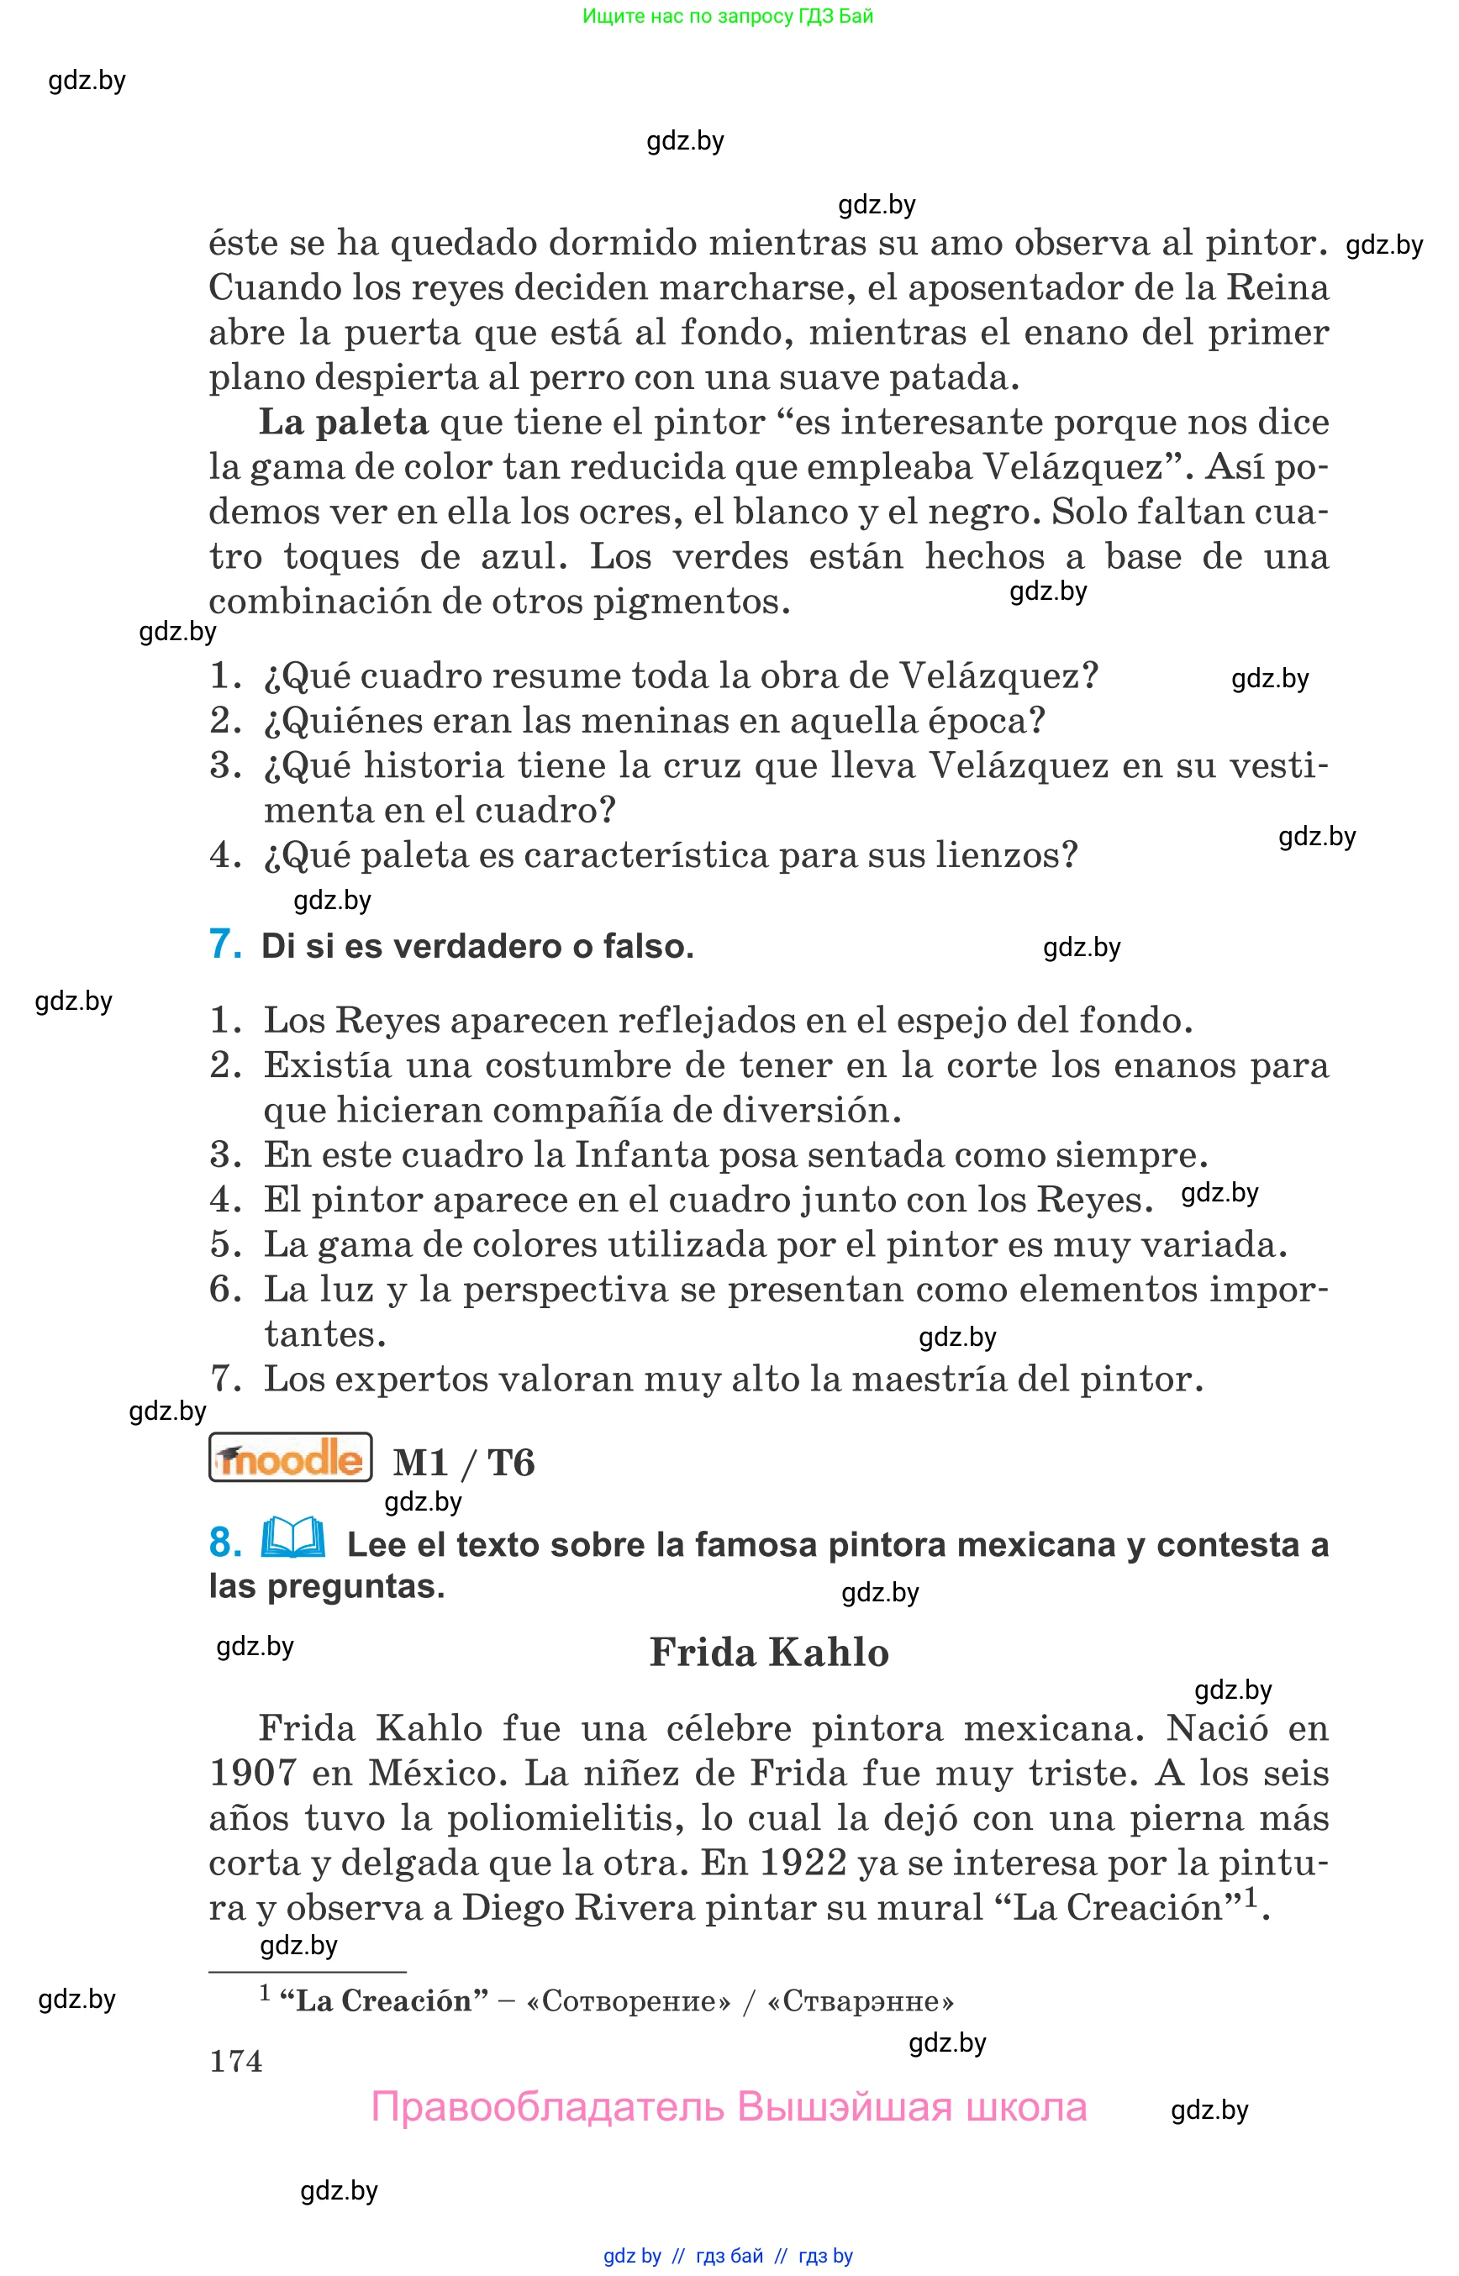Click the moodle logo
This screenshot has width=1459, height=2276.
pyautogui.click(x=290, y=1459)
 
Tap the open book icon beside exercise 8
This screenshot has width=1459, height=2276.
pyautogui.click(x=292, y=1538)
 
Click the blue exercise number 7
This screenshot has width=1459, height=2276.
pyautogui.click(x=224, y=944)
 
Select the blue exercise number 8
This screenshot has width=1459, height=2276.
pyautogui.click(x=224, y=1542)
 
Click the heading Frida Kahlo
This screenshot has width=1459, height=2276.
pyautogui.click(x=768, y=1653)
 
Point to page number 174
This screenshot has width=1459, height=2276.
pyautogui.click(x=236, y=2060)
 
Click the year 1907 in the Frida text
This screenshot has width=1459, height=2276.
pyautogui.click(x=252, y=1773)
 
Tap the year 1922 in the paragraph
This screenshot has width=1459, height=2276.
pyautogui.click(x=803, y=1862)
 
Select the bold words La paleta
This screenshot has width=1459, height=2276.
pyautogui.click(x=344, y=423)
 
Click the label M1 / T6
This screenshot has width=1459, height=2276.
pyautogui.click(x=464, y=1463)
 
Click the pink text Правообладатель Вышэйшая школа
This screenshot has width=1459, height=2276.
pyautogui.click(x=729, y=2107)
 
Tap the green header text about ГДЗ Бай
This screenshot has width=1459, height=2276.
pyautogui.click(x=728, y=16)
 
